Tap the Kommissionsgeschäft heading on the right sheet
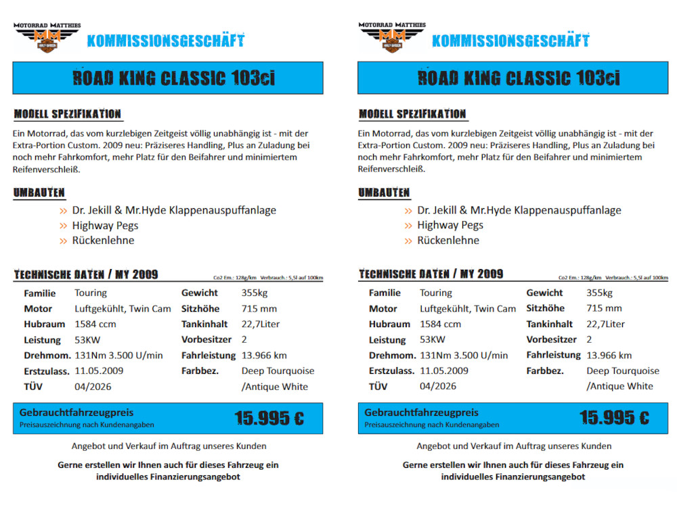[510, 41]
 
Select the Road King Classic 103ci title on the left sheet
[173, 78]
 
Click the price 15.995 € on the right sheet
[614, 418]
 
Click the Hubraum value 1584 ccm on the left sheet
[95, 324]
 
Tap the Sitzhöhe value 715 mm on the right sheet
[604, 309]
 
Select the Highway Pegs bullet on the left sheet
[105, 225]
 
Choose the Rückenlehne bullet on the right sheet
[447, 241]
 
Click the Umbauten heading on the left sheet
[39, 193]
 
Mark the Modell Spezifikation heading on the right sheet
[412, 114]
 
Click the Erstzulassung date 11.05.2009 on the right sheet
[444, 371]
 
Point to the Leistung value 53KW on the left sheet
[87, 340]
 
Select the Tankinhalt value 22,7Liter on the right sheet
[605, 324]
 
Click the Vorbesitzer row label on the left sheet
[206, 340]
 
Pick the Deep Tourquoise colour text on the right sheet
[623, 371]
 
